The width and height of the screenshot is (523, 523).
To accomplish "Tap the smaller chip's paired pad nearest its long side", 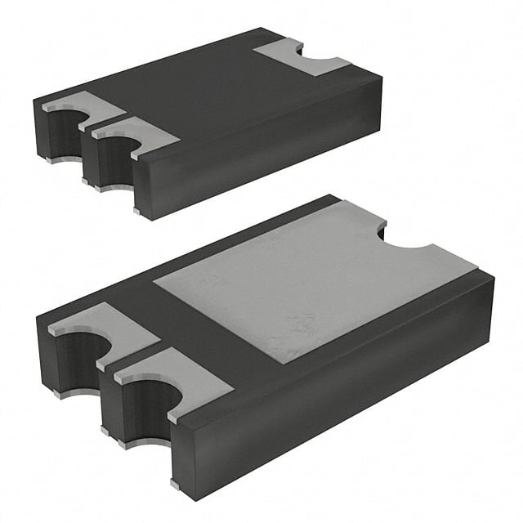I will [135, 133].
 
